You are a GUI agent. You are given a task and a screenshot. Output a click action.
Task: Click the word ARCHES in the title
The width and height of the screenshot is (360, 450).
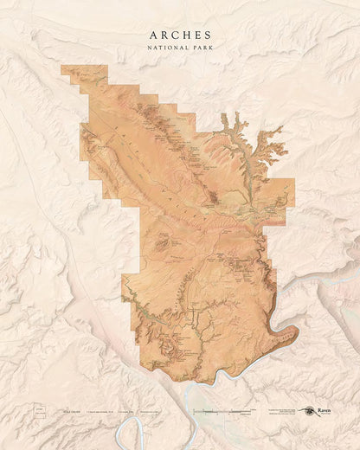click(x=180, y=35)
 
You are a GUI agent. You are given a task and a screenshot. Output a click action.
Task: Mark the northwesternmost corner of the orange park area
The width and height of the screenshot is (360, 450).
click(x=62, y=67)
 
